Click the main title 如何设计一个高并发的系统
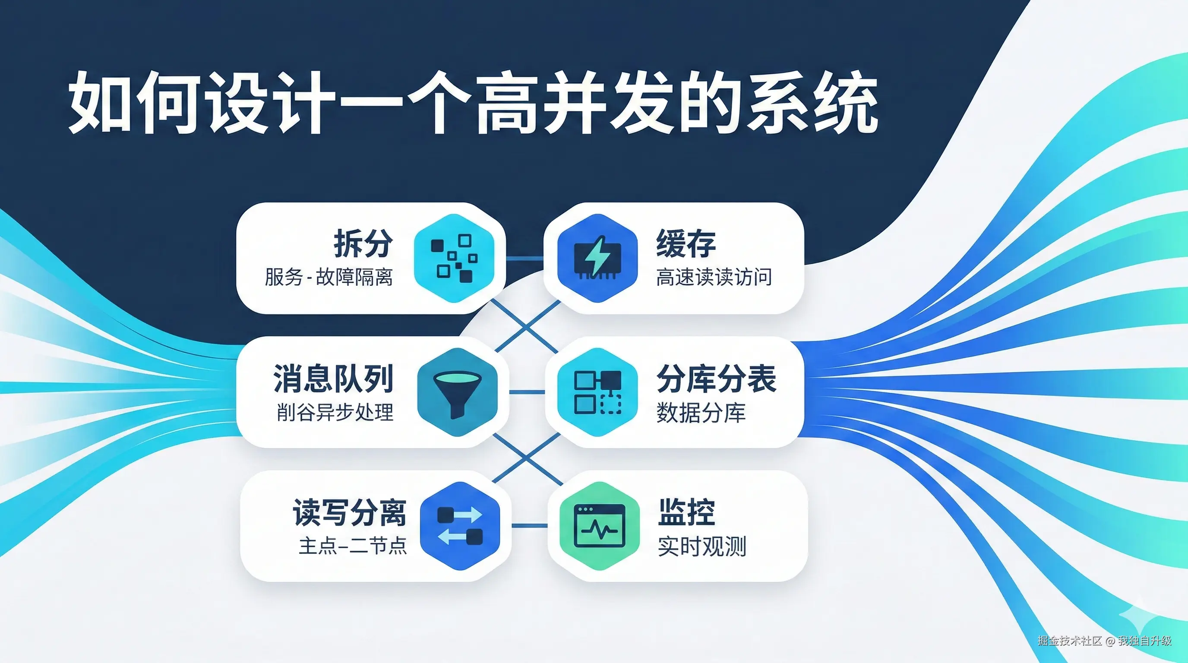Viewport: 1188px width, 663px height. click(x=473, y=103)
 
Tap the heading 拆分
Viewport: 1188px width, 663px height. click(x=363, y=243)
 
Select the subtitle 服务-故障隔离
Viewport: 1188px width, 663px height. click(x=329, y=277)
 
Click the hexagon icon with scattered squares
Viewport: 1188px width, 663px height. click(x=454, y=258)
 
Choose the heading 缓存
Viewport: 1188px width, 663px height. click(x=686, y=243)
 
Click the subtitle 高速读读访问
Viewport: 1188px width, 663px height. click(x=714, y=277)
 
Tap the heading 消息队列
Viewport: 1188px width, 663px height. click(x=333, y=378)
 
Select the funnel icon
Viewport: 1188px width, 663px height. click(x=458, y=392)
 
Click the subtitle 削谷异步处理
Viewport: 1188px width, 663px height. click(x=335, y=412)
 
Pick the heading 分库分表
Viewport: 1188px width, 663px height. click(x=717, y=378)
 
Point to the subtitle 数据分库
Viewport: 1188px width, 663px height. click(x=701, y=412)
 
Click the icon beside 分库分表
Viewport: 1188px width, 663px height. click(x=598, y=392)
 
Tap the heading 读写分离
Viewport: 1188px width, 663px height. click(x=350, y=512)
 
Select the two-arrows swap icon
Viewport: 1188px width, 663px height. click(x=460, y=526)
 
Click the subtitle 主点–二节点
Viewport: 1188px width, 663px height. click(x=353, y=546)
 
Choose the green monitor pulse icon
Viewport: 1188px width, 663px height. click(x=600, y=526)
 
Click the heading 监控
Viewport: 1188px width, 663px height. click(x=687, y=512)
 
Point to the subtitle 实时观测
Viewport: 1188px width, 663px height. click(x=702, y=546)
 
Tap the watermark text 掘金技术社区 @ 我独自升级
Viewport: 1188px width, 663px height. click(x=1105, y=641)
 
